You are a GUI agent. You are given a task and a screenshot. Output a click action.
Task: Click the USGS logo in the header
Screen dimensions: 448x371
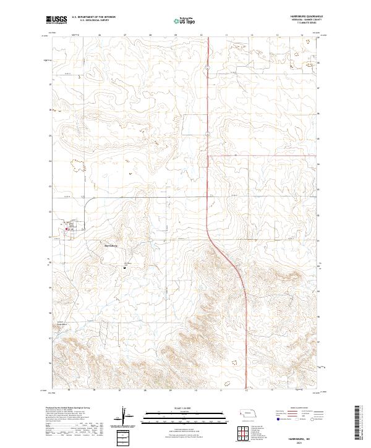56,20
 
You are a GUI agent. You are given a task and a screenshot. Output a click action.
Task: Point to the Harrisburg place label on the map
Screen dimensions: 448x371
112,245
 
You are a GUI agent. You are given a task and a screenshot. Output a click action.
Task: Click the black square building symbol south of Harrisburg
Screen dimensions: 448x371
124,268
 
